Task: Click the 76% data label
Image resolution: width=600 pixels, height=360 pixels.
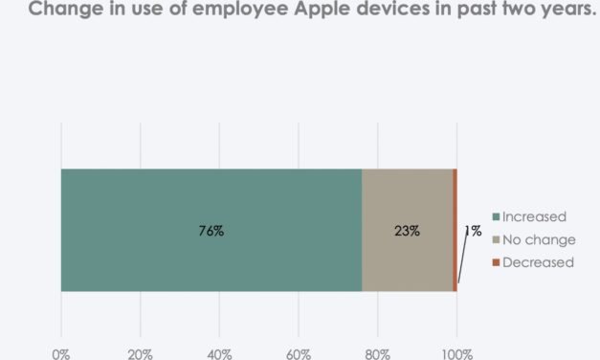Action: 211,231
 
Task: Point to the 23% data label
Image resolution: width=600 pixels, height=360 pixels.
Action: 407,231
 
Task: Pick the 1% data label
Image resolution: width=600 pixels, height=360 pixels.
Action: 473,231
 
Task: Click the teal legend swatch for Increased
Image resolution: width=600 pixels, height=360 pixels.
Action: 496,217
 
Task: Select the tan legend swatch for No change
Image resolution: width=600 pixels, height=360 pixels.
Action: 496,239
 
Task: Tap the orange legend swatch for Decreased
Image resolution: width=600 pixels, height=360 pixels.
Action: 496,262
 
